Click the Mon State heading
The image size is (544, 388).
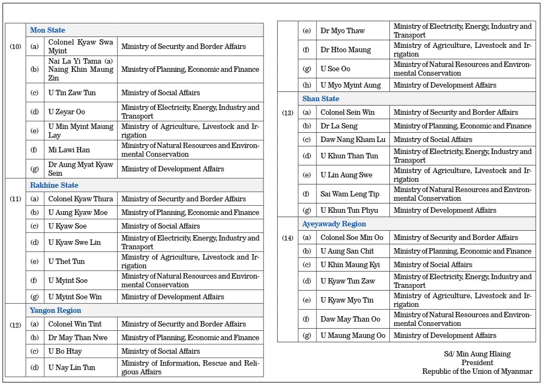[x=47, y=30]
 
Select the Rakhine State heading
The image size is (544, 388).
[x=54, y=185]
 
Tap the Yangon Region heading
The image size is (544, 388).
[x=56, y=310]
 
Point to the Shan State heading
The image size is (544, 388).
[x=321, y=98]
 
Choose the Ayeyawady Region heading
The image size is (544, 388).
[x=334, y=224]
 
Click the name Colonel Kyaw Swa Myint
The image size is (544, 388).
[x=81, y=46]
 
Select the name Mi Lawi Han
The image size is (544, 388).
[x=69, y=150]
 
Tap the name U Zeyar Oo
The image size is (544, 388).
[x=66, y=112]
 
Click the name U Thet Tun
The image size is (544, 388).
[x=66, y=261]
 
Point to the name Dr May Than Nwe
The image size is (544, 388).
[x=78, y=337]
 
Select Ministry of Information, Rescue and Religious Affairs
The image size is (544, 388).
[x=190, y=367]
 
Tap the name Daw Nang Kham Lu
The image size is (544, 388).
[x=352, y=139]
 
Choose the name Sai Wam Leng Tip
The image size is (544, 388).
[x=350, y=194]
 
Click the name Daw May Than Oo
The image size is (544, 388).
[x=350, y=319]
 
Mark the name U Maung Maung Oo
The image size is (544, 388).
[x=352, y=335]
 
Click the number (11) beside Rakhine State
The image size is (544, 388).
[x=15, y=199]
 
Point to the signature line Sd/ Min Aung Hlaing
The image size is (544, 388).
[x=476, y=354]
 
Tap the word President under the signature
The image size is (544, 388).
[x=477, y=362]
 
